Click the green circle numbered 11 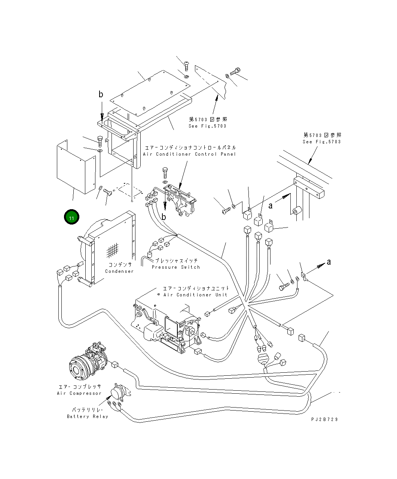[x=71, y=217]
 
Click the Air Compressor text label [x=79, y=393]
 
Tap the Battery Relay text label [x=88, y=417]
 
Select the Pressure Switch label [x=176, y=267]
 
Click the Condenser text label [x=119, y=271]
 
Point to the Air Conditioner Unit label [x=195, y=295]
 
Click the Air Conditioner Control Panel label [x=189, y=154]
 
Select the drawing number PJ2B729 [x=324, y=419]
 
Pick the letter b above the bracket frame [x=101, y=95]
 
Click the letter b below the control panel [x=164, y=217]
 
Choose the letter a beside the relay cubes [x=271, y=205]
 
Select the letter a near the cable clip [x=329, y=262]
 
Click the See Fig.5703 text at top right [x=322, y=142]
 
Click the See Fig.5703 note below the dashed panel [x=208, y=126]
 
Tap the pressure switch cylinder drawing [x=150, y=256]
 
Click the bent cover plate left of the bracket [x=75, y=167]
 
